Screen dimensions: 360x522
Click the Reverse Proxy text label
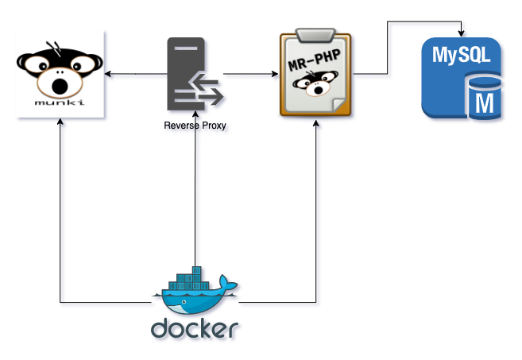click(195, 126)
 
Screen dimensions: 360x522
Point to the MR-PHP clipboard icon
click(315, 75)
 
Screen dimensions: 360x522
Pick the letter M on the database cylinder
click(482, 101)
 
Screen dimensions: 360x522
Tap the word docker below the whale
click(195, 328)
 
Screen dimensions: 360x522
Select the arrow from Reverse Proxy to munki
click(135, 75)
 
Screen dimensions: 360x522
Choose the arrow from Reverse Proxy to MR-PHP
click(250, 75)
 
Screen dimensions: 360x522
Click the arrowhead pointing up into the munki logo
click(60, 124)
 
